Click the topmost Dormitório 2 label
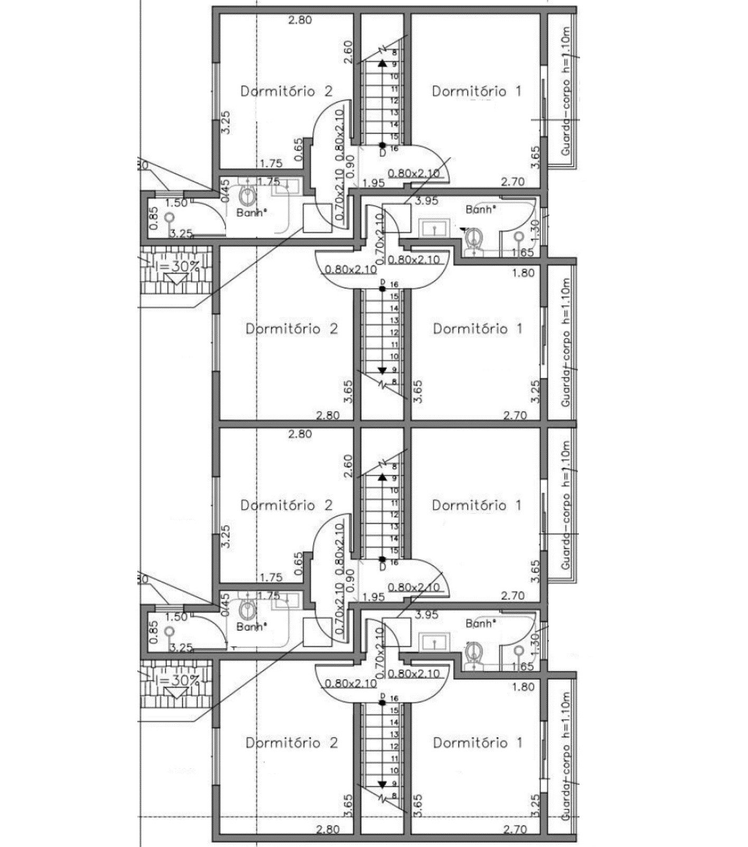[x=286, y=91]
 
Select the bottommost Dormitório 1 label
[x=478, y=742]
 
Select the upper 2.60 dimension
[x=348, y=52]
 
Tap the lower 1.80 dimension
[x=523, y=687]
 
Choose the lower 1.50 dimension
[x=176, y=617]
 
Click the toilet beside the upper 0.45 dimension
[x=247, y=196]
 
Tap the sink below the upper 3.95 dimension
[x=434, y=229]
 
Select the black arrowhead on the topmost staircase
[x=382, y=63]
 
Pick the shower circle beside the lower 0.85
[x=169, y=630]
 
